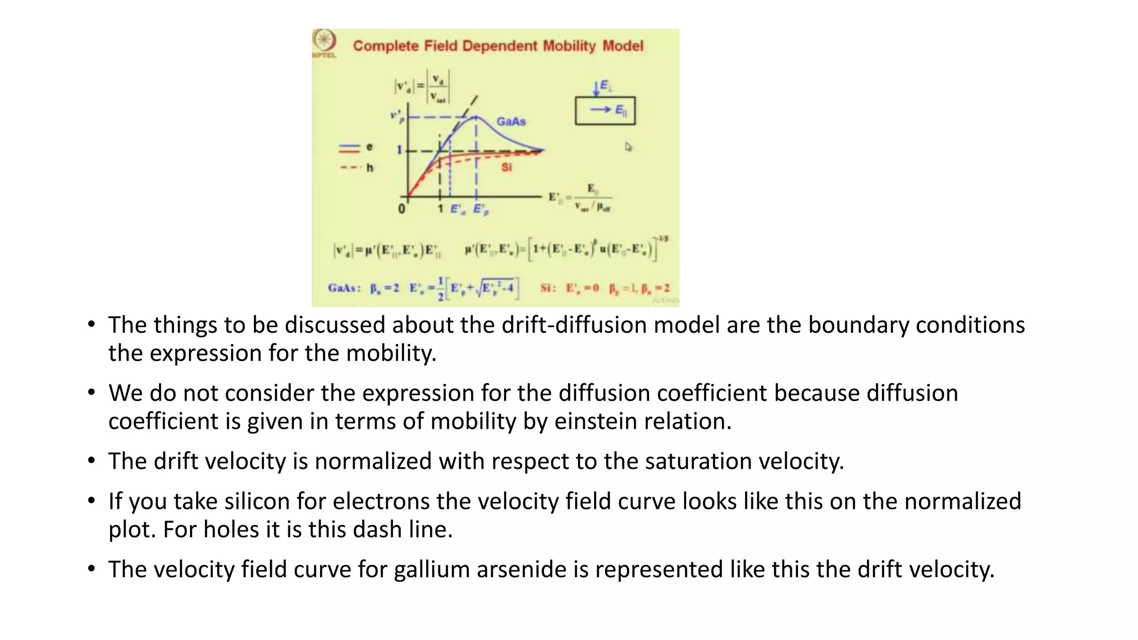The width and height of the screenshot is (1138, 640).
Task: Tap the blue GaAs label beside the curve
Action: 511,122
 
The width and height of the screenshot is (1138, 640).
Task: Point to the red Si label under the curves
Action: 506,167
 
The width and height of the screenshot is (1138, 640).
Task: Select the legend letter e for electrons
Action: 370,147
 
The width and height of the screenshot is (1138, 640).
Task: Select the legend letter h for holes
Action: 370,168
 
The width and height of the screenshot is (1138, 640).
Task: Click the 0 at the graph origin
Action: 401,209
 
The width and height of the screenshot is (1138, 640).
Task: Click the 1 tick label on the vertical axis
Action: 399,150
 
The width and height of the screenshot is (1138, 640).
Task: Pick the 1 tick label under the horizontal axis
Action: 440,209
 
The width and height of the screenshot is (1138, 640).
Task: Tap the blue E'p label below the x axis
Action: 481,210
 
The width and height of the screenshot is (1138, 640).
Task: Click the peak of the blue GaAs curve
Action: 476,117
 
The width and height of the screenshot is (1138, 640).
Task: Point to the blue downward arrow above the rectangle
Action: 596,88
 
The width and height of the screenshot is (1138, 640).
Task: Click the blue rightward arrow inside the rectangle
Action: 600,110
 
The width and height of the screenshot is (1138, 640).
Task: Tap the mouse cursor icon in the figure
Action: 628,147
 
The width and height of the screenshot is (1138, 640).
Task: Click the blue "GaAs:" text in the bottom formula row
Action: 344,288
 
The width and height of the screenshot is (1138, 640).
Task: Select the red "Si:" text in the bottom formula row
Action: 548,288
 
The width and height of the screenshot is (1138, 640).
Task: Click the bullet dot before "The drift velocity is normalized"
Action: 91,461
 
